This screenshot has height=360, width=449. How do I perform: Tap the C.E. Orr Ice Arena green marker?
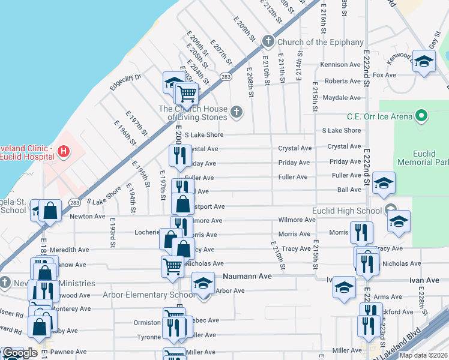tap(422, 116)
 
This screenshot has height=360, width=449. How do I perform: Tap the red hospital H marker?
tap(64, 151)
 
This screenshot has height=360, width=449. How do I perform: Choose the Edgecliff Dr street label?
tap(125, 82)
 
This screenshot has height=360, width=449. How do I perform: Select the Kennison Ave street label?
tap(340, 64)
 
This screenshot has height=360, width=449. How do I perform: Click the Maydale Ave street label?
tap(341, 97)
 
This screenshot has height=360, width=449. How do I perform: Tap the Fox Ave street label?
tap(385, 75)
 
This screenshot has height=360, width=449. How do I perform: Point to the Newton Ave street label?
tap(88, 216)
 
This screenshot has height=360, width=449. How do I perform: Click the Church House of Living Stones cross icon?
tap(237, 111)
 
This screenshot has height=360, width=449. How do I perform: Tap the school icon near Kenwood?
tap(424, 62)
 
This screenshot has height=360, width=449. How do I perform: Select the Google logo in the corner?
tap(20, 353)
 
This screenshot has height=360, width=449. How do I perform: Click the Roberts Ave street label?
tap(343, 81)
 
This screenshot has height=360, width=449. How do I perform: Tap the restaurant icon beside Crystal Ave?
tap(179, 155)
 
